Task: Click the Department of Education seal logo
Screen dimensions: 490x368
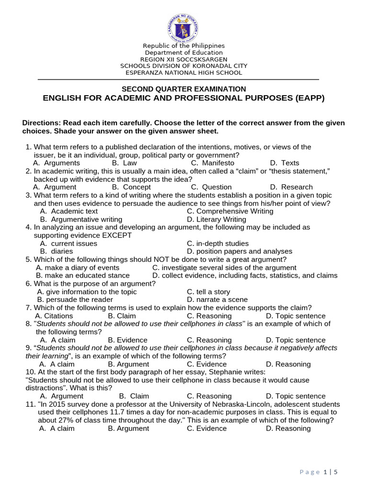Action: click(184, 27)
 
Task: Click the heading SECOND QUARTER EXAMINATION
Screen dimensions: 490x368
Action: click(184, 89)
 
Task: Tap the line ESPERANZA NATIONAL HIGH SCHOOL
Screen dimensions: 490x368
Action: click(184, 73)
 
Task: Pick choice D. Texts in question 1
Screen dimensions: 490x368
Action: click(285, 163)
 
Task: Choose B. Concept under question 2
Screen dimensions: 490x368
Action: click(131, 187)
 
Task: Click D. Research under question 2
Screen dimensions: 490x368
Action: click(291, 187)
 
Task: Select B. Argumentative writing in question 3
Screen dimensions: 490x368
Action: click(81, 219)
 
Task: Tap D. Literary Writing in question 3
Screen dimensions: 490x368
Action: click(216, 219)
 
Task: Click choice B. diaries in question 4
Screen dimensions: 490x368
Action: click(57, 251)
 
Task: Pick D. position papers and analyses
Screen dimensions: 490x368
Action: click(239, 251)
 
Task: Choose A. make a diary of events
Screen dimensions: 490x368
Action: click(78, 267)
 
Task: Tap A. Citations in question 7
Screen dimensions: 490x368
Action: click(54, 316)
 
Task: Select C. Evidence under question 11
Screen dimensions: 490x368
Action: click(207, 428)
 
